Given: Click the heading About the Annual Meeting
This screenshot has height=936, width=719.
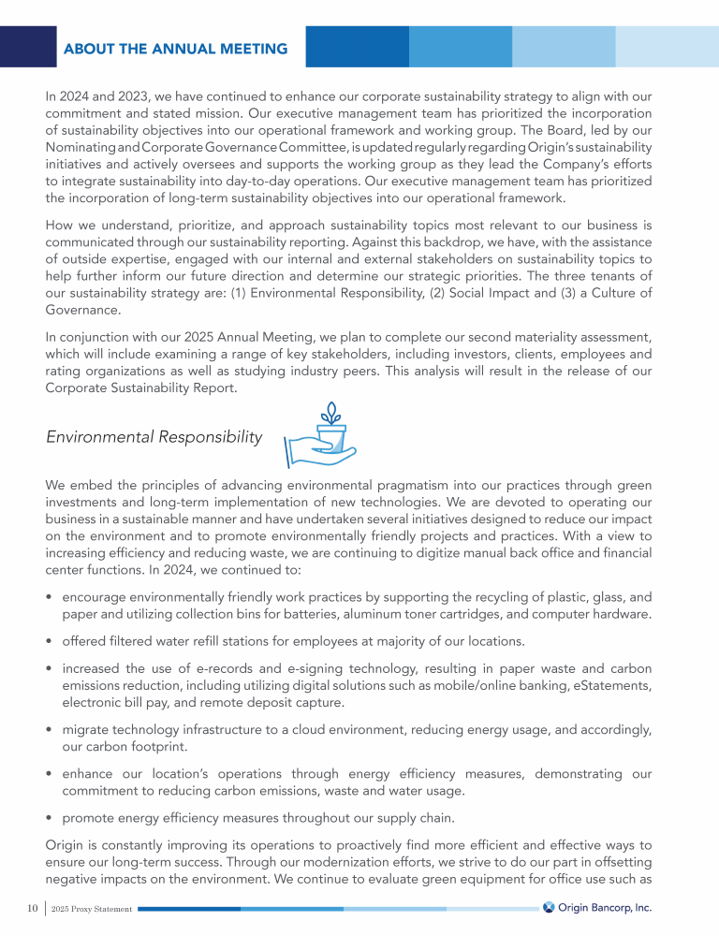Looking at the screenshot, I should tap(176, 48).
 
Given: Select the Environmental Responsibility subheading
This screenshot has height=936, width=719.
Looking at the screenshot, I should tap(154, 437).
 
